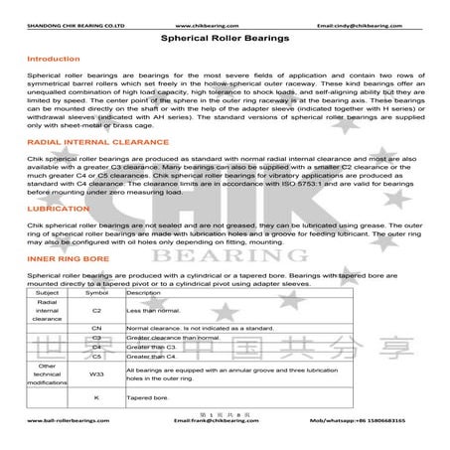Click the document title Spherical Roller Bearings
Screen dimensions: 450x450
(x=224, y=37)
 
